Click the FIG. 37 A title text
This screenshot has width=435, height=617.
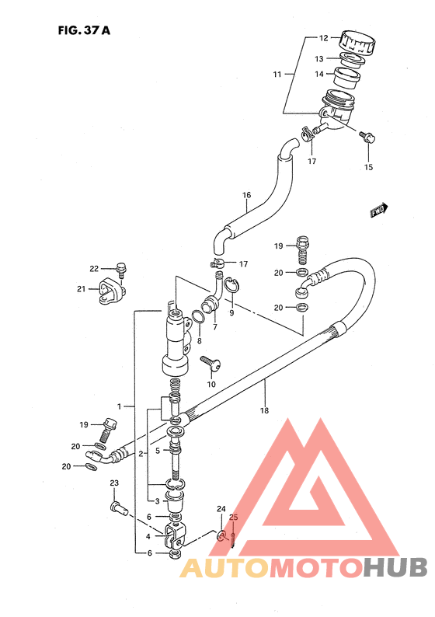84,30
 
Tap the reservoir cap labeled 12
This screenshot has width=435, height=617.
358,42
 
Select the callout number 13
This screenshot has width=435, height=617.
319,59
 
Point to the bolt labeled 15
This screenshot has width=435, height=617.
367,137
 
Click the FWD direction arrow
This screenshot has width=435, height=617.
379,210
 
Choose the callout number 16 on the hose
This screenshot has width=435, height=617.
246,195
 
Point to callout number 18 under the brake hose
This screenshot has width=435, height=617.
264,410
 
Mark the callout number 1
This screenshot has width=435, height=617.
119,406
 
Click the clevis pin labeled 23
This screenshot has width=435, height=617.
119,508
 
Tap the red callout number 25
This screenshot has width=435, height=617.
234,517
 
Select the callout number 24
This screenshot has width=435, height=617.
221,509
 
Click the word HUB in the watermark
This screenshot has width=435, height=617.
395,567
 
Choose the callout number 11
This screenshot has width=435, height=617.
277,74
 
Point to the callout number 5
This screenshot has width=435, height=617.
158,451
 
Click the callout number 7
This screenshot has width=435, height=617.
214,327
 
